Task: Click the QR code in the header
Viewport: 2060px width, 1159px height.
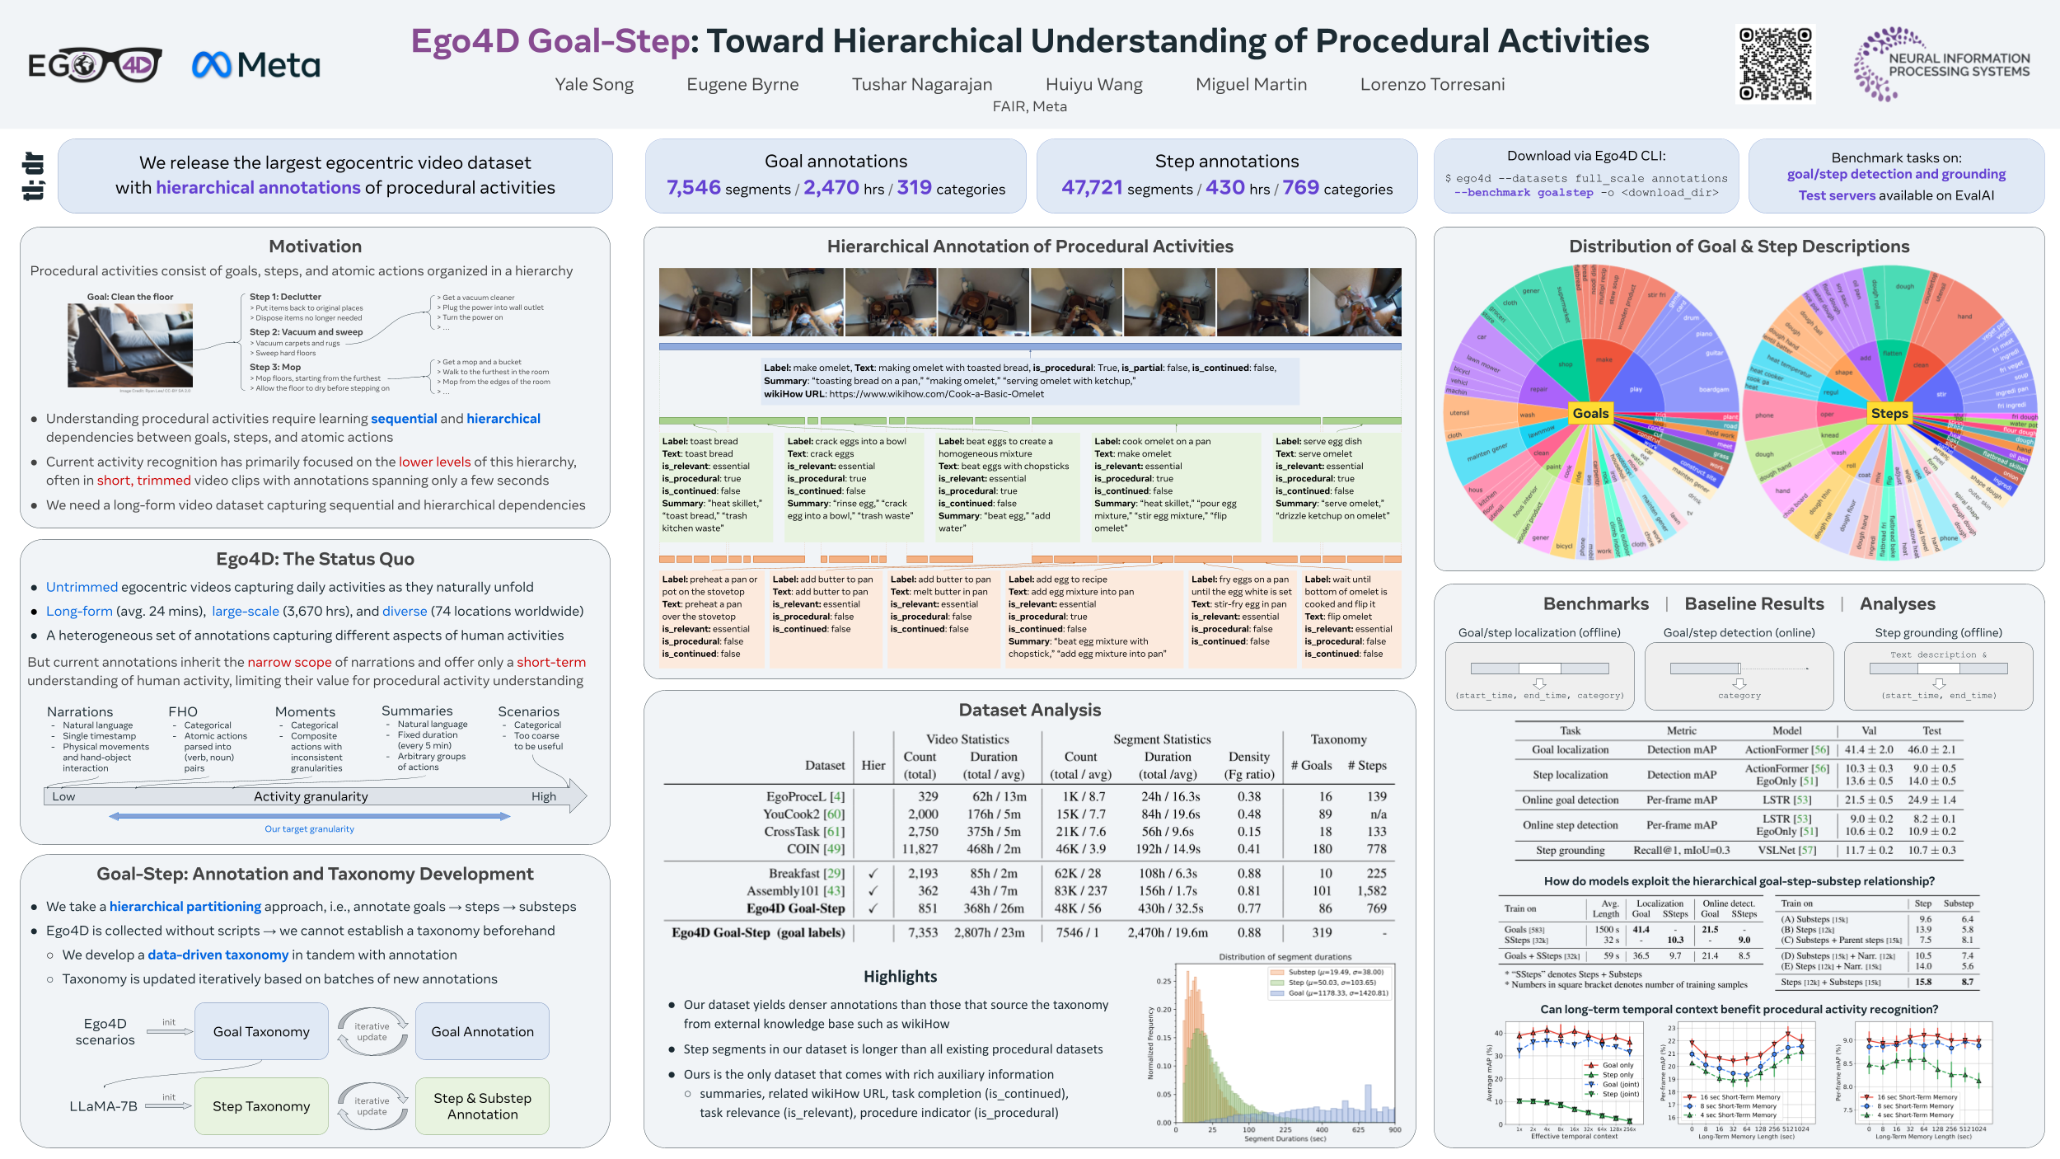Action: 1775,64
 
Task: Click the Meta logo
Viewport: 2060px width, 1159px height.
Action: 255,65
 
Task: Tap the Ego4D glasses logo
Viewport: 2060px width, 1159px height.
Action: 95,65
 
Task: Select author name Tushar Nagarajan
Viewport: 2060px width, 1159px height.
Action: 921,84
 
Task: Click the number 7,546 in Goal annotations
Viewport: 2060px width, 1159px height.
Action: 693,188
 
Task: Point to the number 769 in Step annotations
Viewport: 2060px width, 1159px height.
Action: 1300,188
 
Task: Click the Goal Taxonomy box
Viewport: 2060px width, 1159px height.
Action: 261,1031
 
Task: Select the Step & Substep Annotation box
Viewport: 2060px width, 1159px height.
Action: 482,1106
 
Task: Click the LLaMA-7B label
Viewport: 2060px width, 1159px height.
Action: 103,1106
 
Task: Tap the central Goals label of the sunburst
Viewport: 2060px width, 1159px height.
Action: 1590,413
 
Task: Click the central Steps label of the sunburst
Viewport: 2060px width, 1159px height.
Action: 1889,413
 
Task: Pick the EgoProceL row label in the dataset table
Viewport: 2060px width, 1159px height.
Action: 805,796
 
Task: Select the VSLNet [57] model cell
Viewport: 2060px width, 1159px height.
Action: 1786,850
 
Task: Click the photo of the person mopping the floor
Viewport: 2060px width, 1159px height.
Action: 130,345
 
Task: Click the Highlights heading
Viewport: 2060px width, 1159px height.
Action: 900,977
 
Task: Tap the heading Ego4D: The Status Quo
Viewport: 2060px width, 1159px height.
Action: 315,559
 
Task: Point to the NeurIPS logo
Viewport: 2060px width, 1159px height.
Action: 1941,64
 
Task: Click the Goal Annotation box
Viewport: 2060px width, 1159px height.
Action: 482,1031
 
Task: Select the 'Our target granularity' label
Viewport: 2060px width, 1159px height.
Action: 309,829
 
